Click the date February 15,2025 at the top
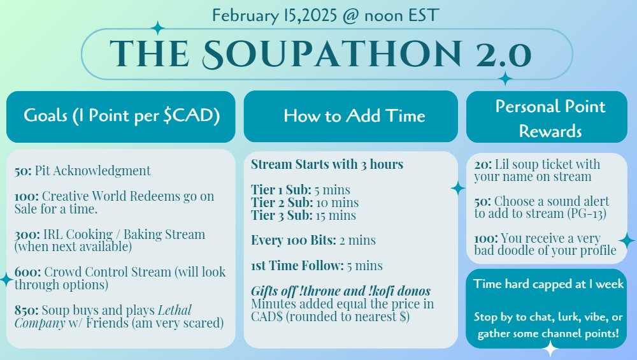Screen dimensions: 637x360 tap(275, 15)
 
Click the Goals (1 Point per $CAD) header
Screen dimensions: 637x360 tap(122, 115)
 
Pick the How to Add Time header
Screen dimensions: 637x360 tap(354, 116)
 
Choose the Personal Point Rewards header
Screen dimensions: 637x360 tap(550, 119)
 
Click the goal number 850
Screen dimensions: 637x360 tap(26, 310)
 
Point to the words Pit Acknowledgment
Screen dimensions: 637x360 tap(92, 171)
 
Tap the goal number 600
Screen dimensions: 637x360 tap(27, 272)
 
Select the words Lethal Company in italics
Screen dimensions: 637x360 tap(103, 317)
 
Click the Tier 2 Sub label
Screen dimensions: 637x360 tap(282, 203)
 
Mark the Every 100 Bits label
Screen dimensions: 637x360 tap(293, 240)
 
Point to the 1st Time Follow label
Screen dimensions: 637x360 tap(297, 266)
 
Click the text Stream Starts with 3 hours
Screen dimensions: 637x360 tap(327, 164)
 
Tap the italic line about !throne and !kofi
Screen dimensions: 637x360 tap(341, 291)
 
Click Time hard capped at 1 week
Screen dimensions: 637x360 tap(548, 284)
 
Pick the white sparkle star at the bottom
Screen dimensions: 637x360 tap(550, 349)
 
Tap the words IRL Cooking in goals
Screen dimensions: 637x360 tap(78, 234)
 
